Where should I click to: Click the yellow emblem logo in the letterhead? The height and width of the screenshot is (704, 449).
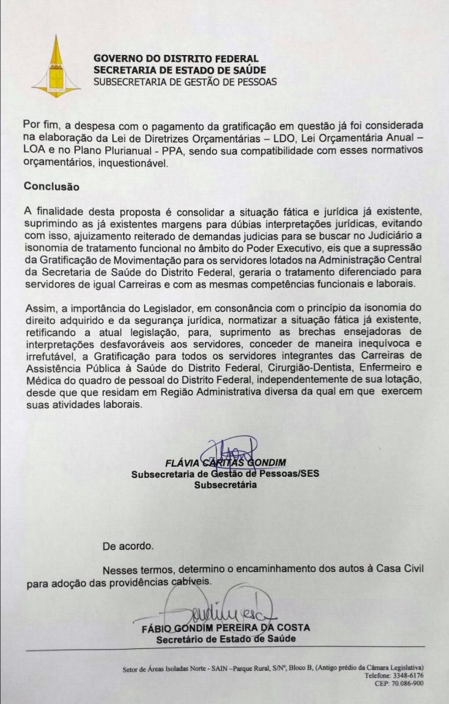57,68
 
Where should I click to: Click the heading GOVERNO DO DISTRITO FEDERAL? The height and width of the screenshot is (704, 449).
175,59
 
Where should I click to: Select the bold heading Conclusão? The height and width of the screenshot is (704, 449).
52,186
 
